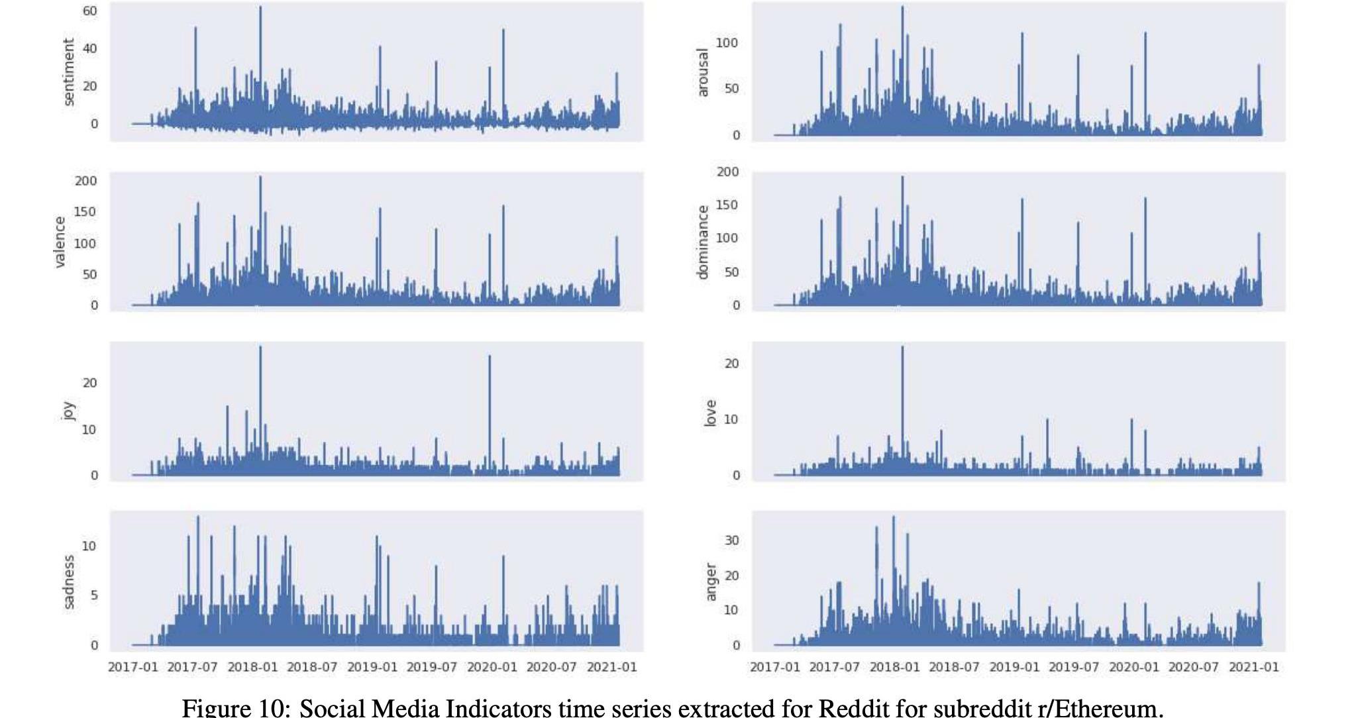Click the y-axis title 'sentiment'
68,72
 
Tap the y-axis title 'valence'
60,242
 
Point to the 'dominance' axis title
703,242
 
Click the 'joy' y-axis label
68,411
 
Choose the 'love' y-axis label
710,413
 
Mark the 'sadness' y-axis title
68,582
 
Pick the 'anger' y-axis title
711,582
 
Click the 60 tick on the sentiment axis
90,11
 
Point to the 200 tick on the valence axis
86,181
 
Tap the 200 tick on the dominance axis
728,172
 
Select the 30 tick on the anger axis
731,540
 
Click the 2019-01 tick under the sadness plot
372,667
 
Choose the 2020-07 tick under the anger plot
1193,667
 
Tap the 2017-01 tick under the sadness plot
133,667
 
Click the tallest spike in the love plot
902,348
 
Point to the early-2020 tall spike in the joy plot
490,358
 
